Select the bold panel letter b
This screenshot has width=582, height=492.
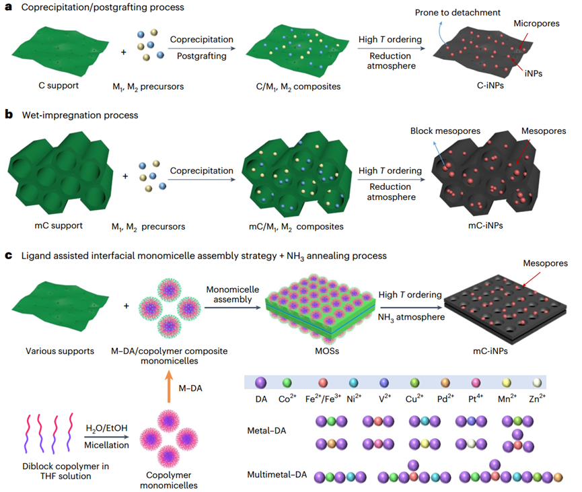point(9,115)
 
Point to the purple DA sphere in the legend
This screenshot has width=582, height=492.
point(258,382)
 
